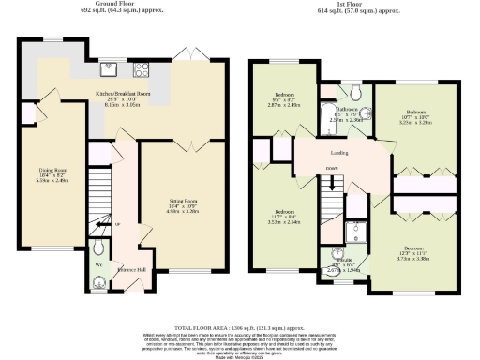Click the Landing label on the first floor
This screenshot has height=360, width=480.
pos(340,151)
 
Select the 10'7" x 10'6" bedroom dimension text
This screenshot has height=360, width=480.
pos(414,118)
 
